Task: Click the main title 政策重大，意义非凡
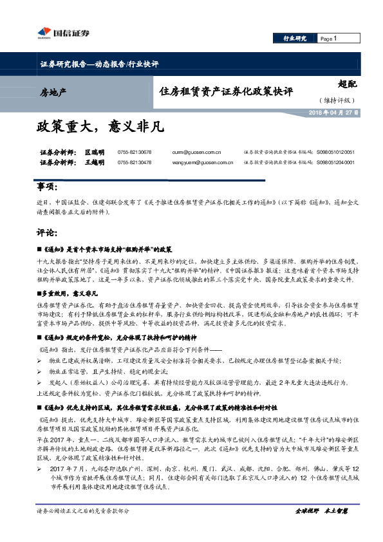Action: (x=100, y=126)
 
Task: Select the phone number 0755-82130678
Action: (x=135, y=152)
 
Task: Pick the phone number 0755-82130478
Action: (x=135, y=163)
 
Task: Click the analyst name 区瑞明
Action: (x=95, y=152)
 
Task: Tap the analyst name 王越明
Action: (x=95, y=163)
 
